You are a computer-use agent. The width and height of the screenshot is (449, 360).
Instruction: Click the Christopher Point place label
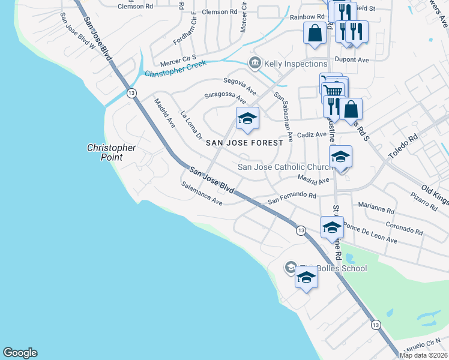[x=111, y=152]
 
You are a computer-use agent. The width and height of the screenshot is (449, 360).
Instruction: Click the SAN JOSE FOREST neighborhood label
[x=244, y=143]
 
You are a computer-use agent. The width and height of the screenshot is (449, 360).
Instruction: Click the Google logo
[x=20, y=353]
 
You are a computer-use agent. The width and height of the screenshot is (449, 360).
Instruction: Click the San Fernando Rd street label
[x=292, y=197]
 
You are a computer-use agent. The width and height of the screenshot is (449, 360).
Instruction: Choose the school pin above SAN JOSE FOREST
[x=247, y=119]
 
